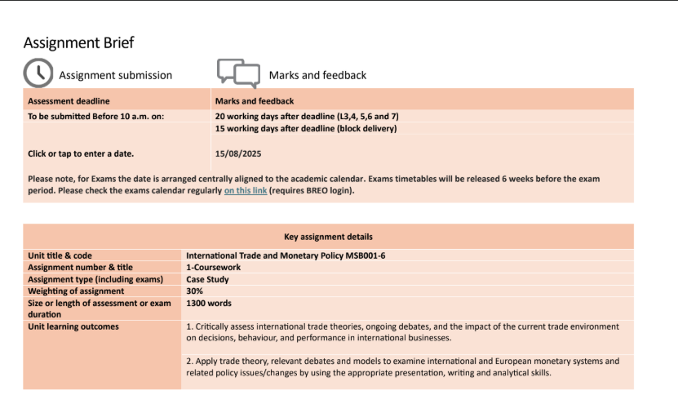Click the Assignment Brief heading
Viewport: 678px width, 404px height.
[78, 42]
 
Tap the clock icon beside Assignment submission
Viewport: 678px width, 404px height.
[38, 73]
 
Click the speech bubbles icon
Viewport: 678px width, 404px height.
[238, 73]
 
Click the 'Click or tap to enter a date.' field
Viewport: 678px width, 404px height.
[81, 153]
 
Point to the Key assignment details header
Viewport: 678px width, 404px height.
[328, 237]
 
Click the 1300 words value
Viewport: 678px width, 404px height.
[209, 304]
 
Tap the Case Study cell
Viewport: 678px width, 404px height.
[207, 279]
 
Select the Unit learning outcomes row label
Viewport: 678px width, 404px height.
[73, 326]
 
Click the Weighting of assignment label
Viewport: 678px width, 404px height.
[76, 291]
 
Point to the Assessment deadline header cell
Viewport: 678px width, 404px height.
[69, 101]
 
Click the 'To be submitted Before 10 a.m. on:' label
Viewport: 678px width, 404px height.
[96, 116]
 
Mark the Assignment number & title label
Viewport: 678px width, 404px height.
[80, 267]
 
